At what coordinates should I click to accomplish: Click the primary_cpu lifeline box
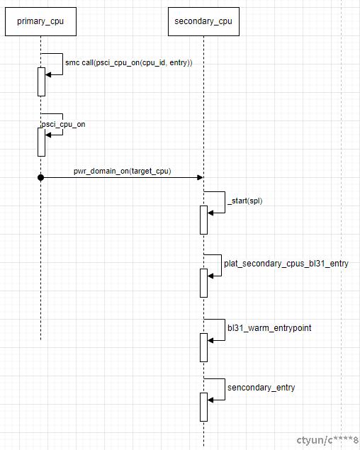[40, 21]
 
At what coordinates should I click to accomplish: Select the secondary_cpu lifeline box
[203, 21]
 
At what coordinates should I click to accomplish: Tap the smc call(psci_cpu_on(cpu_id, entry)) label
[128, 62]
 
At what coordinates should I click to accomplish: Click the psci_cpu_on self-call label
[63, 125]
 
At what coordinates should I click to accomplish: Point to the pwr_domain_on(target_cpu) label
[123, 171]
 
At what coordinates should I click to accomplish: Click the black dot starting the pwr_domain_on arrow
[41, 178]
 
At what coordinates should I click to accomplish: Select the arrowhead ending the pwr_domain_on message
[200, 178]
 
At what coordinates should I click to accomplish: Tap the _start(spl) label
[245, 201]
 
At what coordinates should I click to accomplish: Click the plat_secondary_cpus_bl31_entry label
[286, 264]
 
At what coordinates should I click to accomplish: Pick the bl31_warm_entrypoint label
[269, 328]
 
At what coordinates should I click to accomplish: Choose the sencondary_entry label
[261, 388]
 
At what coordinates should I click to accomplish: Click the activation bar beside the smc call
[41, 81]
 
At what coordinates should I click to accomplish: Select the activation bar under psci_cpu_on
[41, 142]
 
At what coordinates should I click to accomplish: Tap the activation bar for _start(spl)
[203, 220]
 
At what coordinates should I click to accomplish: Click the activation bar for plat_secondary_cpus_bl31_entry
[203, 283]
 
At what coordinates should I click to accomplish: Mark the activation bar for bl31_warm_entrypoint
[203, 347]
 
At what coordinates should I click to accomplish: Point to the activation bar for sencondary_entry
[203, 407]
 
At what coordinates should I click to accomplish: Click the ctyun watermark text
[327, 440]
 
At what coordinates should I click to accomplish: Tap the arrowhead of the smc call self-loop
[48, 75]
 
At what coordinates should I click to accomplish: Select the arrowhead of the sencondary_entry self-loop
[210, 400]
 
